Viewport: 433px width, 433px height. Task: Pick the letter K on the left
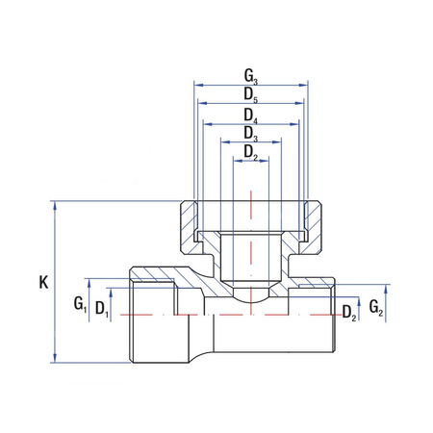click(x=43, y=283)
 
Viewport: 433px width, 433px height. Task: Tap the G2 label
click(x=377, y=309)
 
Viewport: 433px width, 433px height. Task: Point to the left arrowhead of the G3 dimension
click(x=199, y=84)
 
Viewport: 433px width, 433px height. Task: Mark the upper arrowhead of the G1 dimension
click(x=89, y=283)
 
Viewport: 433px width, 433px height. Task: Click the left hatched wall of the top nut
click(x=189, y=226)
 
